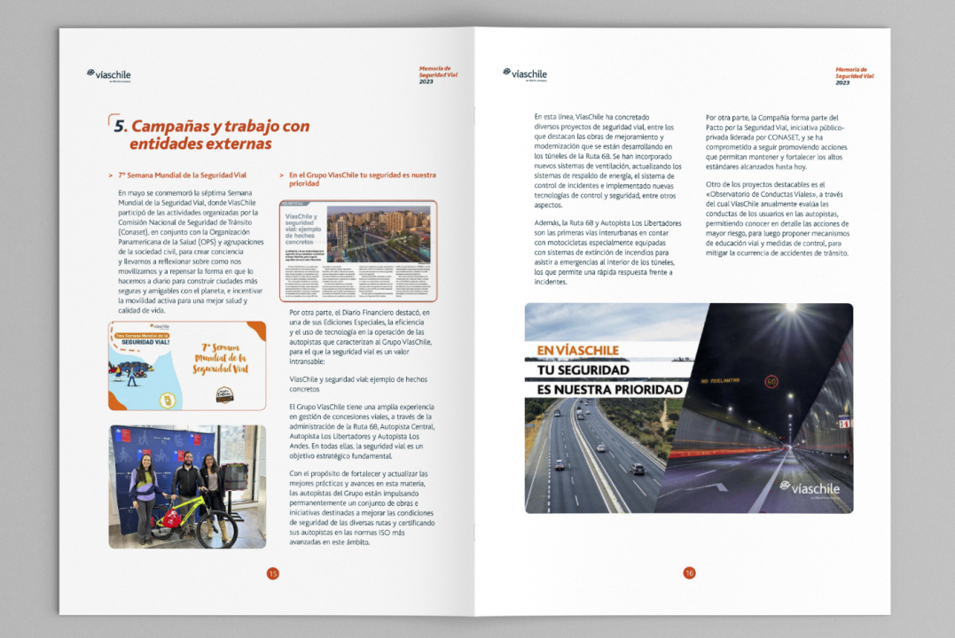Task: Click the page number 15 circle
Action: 272,573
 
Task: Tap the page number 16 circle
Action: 689,573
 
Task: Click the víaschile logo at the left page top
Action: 109,74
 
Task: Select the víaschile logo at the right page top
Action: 525,74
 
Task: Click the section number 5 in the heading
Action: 120,126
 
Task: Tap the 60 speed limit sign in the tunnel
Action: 771,382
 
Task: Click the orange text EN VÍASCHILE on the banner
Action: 578,350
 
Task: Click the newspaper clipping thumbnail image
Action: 358,251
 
